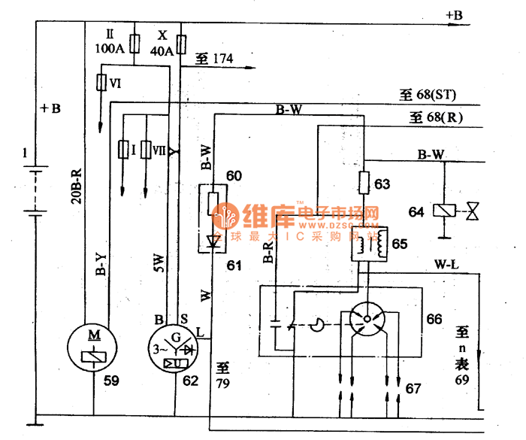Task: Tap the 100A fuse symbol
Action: [135, 43]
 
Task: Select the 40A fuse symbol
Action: [180, 43]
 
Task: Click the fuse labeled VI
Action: [101, 83]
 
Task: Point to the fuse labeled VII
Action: [145, 150]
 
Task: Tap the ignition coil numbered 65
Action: [370, 244]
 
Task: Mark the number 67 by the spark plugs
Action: [413, 388]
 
